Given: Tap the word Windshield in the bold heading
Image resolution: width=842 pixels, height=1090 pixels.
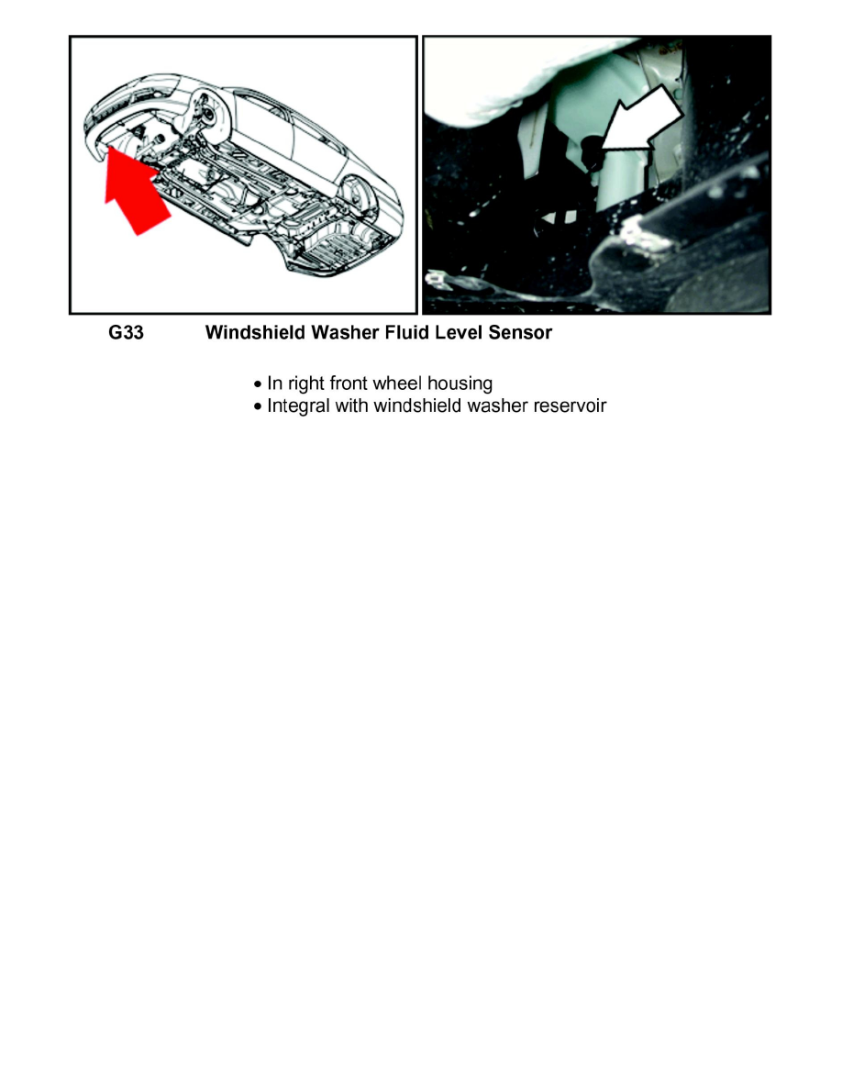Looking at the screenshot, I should point(251,333).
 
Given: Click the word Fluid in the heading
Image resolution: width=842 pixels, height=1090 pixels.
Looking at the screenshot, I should point(393,333).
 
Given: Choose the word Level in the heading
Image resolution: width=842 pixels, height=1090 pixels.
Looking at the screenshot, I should point(449,333).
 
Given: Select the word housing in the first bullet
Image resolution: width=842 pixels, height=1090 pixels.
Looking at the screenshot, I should point(460,384).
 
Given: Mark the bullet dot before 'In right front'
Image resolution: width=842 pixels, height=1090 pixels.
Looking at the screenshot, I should point(259,384).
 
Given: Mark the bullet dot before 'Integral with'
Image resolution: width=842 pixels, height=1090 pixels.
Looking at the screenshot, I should point(259,406).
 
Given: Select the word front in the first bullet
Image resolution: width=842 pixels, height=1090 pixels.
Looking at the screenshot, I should point(349,384).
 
